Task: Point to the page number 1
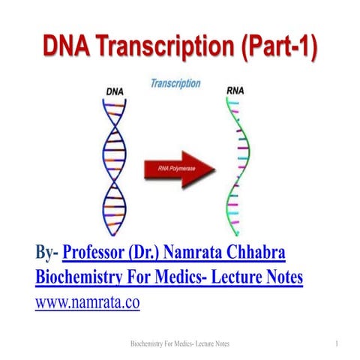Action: (339, 343)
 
